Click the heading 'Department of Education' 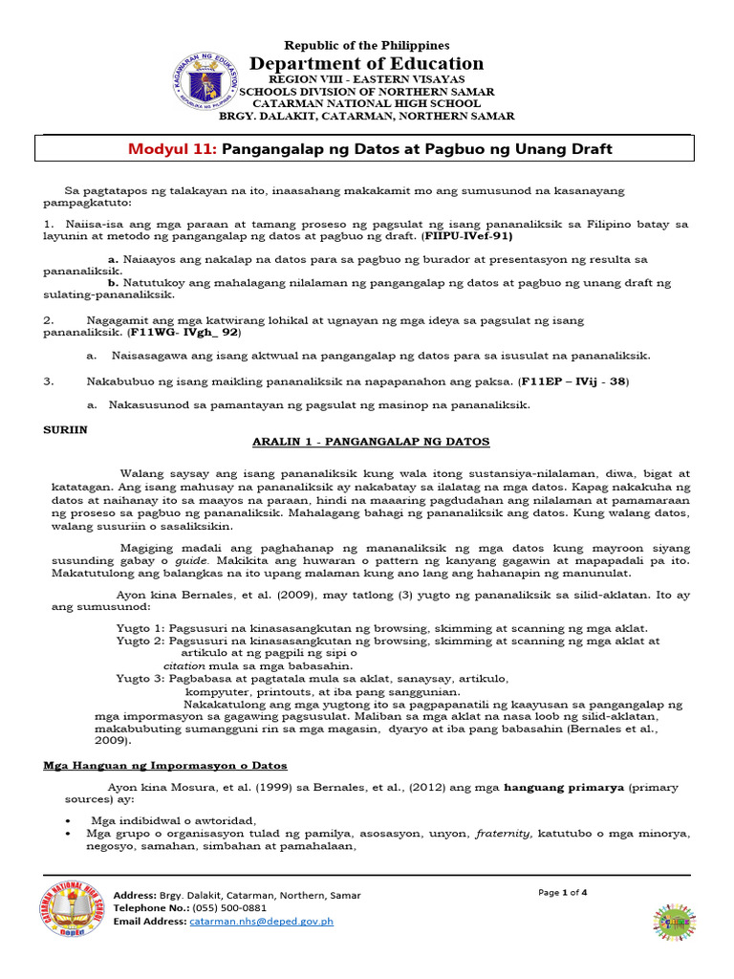point(367,63)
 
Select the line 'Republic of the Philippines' point(367,45)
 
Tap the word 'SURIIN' point(66,429)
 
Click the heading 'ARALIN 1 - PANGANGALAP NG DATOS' point(371,442)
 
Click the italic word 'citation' point(184,665)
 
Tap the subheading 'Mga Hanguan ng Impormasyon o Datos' point(165,766)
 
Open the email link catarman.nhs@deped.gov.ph point(261,922)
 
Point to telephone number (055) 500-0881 point(229,908)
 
